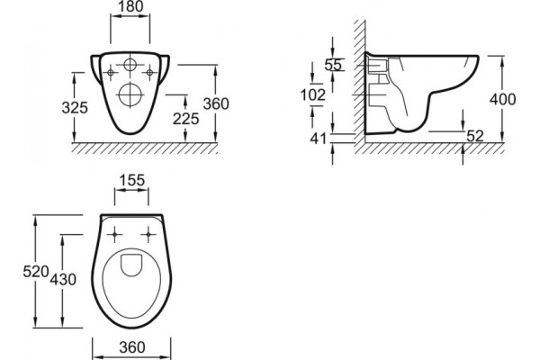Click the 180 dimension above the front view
click(x=130, y=6)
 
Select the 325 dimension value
click(x=75, y=107)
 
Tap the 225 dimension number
click(x=186, y=119)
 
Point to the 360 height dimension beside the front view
click(x=216, y=103)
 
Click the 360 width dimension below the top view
click(x=132, y=347)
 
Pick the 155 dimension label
click(x=132, y=180)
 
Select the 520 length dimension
click(x=36, y=272)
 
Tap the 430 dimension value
click(x=63, y=279)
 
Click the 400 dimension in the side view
click(x=503, y=99)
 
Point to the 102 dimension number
click(x=312, y=95)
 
